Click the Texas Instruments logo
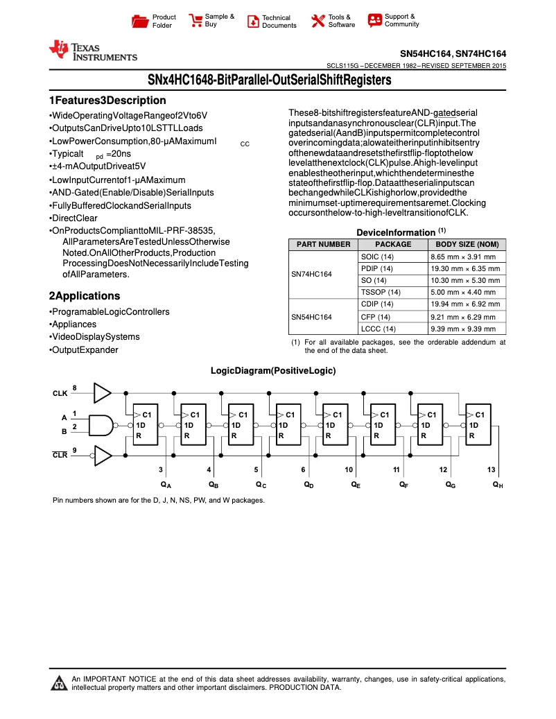pos(92,51)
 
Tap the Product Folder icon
pos(140,21)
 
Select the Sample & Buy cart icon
pos(196,21)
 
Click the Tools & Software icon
pos(318,21)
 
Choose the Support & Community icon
pos(375,20)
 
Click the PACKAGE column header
pos(393,244)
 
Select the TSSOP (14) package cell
pos(381,292)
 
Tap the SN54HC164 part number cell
pos(311,317)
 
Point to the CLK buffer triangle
pos(102,392)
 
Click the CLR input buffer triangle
pos(102,455)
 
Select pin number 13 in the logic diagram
pos(491,469)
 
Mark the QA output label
pos(166,485)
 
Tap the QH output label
pos(498,485)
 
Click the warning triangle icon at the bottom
pos(59,684)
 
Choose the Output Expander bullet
pos(84,350)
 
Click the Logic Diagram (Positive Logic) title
pos(273,371)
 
